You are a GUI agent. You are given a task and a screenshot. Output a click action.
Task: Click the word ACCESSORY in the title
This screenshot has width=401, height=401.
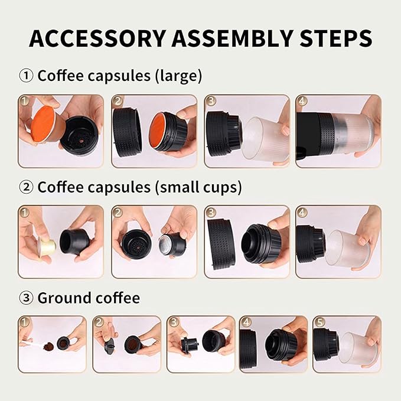[x=97, y=38]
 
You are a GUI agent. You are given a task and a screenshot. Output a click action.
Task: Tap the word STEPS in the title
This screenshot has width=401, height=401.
[x=336, y=38]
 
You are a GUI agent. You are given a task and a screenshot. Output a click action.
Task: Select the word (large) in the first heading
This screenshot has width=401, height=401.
[x=178, y=76]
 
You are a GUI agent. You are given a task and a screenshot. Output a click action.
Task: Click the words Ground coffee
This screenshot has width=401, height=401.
[x=89, y=298]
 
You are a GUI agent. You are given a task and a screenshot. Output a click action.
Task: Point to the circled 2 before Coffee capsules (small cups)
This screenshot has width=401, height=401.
[x=26, y=187]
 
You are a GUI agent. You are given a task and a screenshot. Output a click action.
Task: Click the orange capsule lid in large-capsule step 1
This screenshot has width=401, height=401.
[x=43, y=124]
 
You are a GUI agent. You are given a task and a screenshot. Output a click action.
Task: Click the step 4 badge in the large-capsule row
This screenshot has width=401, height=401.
[x=302, y=101]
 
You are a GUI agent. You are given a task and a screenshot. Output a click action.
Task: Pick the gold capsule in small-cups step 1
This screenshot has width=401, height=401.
[x=47, y=246]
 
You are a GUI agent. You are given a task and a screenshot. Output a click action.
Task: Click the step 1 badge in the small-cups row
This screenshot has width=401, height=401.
[x=24, y=212]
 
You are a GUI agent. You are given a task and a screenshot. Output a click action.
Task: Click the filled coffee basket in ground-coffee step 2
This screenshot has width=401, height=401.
[x=133, y=344]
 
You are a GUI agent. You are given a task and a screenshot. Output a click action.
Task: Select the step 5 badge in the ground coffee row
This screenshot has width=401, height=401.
[x=319, y=322]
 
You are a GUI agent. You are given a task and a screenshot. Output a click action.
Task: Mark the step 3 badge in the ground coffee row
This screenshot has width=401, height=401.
[x=174, y=322]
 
